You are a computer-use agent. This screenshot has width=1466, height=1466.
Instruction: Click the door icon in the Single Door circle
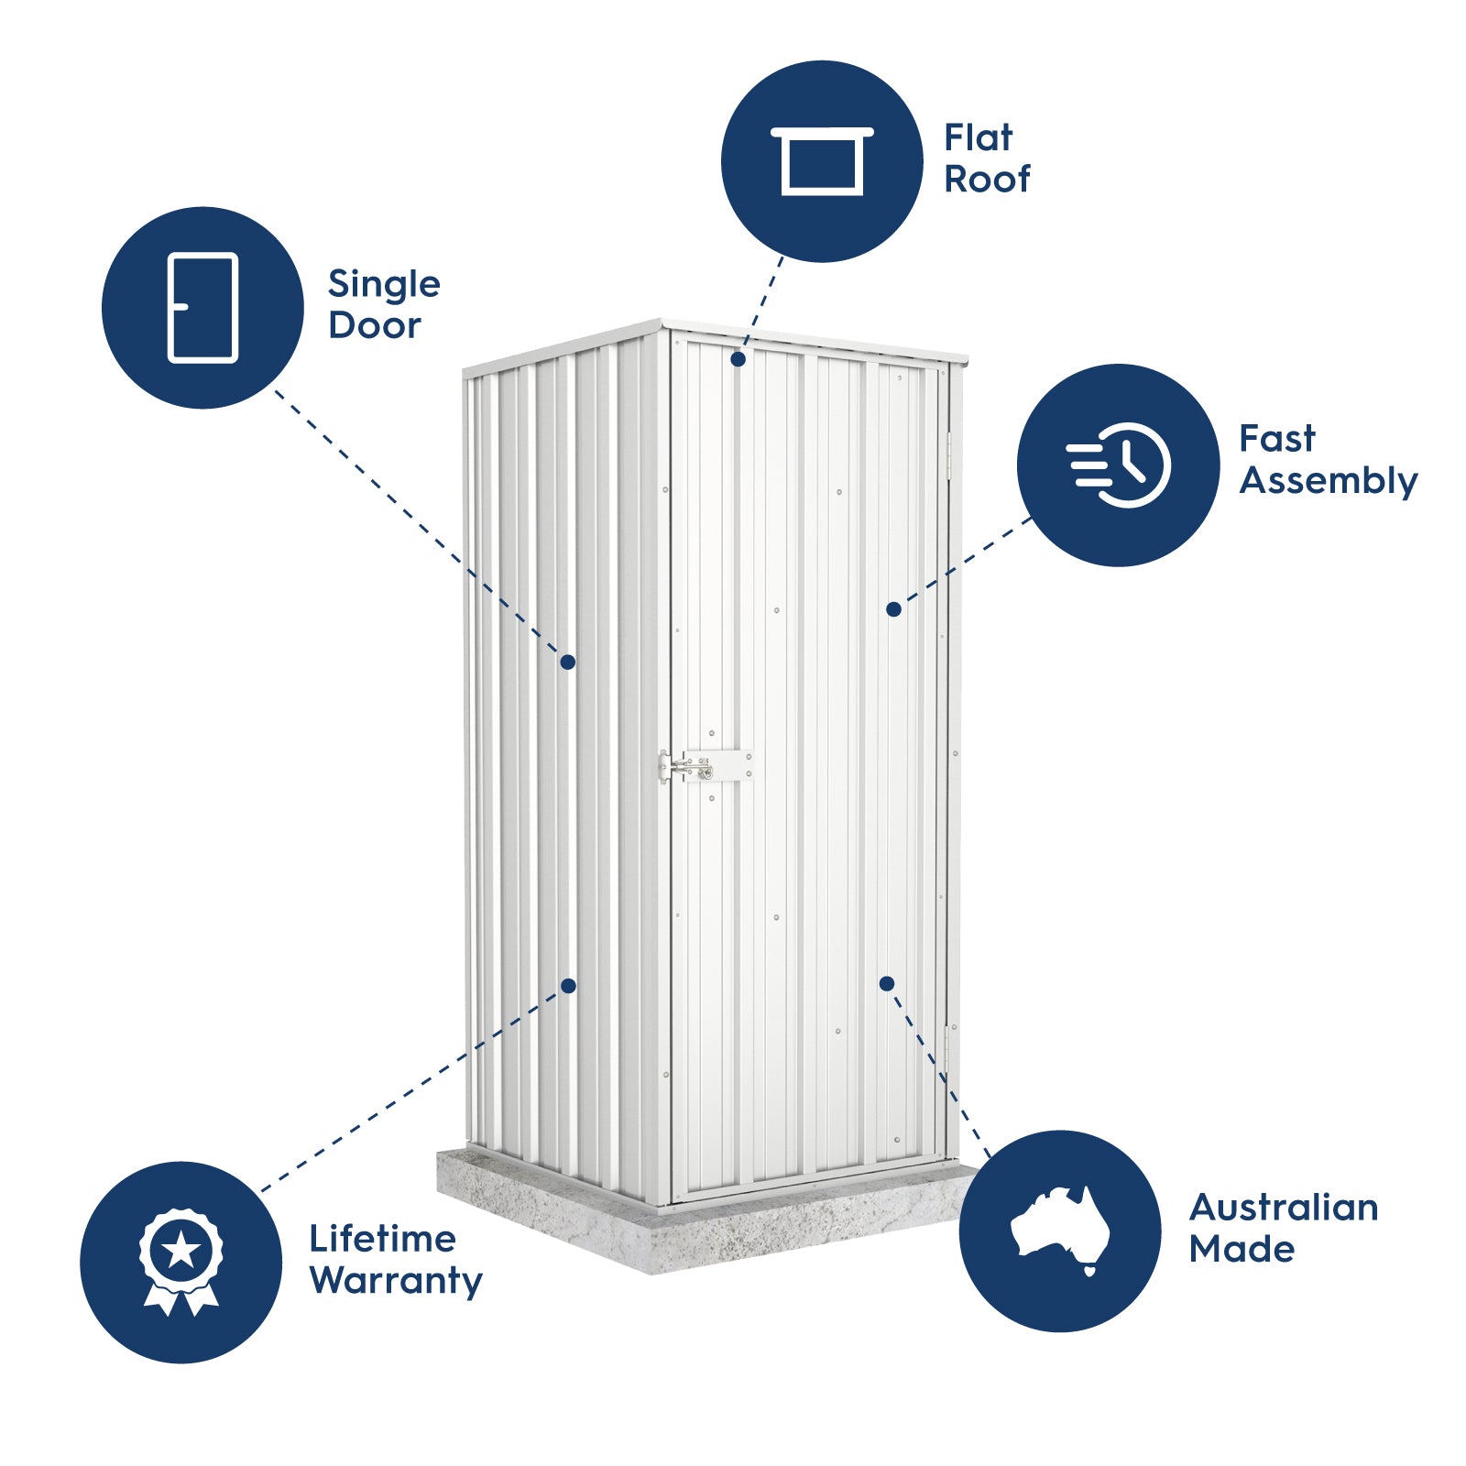pos(202,308)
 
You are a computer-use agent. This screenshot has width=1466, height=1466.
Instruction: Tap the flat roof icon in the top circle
pos(822,161)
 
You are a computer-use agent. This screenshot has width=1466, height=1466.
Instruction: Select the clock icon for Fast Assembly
pos(1119,465)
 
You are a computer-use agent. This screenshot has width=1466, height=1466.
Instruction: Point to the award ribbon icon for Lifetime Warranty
pos(181,1262)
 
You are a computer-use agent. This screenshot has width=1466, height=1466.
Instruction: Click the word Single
pos(384,285)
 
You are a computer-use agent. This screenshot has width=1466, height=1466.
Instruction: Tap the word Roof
pos(987,180)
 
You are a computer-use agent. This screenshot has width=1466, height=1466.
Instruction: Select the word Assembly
pos(1328,481)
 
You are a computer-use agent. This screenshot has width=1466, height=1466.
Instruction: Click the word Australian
pos(1283,1208)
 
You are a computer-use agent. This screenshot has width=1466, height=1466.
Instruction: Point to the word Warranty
pos(396,1281)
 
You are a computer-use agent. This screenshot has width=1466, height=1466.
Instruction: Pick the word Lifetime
pos(382,1239)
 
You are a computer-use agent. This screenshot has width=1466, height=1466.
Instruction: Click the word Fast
pos(1276,439)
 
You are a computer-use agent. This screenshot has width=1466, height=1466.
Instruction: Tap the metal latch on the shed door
pos(706,765)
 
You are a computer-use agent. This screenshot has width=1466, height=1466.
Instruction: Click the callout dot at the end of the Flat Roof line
pos(738,360)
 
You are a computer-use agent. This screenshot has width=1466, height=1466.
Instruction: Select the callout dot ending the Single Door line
pos(568,662)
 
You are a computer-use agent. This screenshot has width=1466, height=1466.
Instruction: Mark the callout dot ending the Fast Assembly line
pos(894,609)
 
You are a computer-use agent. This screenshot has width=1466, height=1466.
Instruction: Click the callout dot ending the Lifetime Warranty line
pos(568,986)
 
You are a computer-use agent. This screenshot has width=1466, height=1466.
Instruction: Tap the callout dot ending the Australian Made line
pos(886,983)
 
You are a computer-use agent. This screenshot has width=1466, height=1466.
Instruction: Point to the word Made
pos(1242,1249)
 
